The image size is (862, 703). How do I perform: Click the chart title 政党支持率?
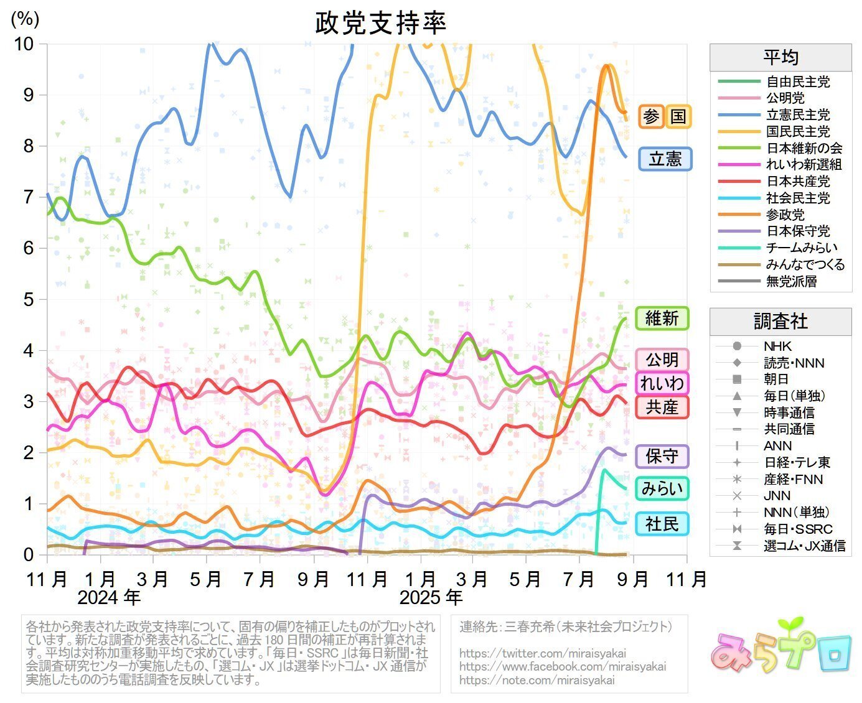click(380, 23)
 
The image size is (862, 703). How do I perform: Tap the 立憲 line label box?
click(665, 159)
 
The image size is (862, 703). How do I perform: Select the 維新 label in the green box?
click(662, 318)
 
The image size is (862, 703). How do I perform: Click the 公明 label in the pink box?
click(662, 360)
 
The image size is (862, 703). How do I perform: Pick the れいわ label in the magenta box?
click(662, 383)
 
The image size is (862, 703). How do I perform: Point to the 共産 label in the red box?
click(662, 407)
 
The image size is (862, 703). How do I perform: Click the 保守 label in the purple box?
click(662, 456)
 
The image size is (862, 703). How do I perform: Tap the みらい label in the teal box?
click(662, 488)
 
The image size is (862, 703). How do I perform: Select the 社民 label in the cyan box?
click(662, 524)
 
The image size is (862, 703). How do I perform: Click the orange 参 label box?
click(651, 116)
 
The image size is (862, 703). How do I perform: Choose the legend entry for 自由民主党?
click(797, 81)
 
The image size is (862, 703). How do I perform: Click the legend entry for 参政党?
click(785, 215)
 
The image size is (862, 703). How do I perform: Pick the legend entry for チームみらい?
click(802, 248)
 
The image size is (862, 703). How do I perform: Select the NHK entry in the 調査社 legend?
click(777, 346)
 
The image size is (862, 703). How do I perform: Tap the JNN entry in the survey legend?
click(777, 496)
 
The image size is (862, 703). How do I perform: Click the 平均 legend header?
click(780, 58)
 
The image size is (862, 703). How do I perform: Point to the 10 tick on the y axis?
click(24, 44)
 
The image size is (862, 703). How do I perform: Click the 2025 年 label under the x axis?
click(431, 598)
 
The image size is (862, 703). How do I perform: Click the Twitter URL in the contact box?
click(543, 653)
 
